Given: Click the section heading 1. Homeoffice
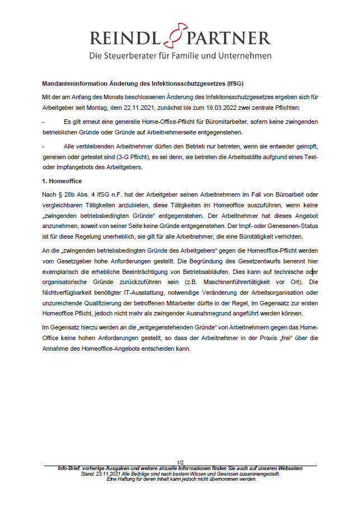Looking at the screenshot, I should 62,182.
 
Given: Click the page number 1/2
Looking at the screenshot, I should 180,462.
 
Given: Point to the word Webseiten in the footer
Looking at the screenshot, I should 287,468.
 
